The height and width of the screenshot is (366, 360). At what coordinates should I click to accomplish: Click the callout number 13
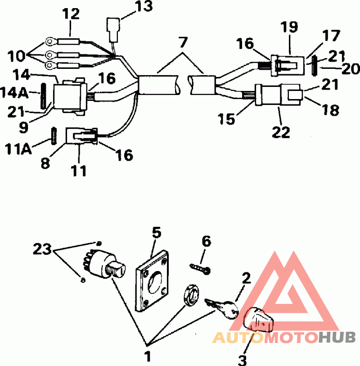click(x=144, y=7)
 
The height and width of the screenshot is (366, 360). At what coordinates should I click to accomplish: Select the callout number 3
click(x=243, y=359)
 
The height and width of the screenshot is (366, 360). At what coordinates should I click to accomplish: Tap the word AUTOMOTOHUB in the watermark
click(x=284, y=337)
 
